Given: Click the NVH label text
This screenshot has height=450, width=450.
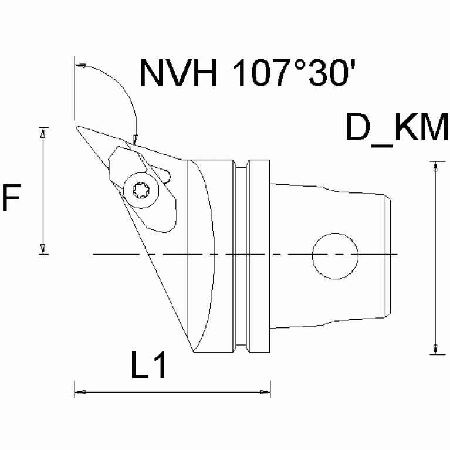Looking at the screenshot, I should [x=177, y=73].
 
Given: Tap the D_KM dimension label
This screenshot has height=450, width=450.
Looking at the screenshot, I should [x=396, y=129].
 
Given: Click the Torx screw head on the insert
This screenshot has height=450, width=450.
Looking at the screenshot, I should [x=141, y=191].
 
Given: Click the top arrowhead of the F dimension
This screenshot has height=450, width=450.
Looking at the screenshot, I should [x=43, y=133].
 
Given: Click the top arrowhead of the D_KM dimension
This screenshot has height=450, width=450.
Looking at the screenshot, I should [x=434, y=167].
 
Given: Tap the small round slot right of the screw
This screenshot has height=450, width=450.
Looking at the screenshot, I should [x=168, y=175].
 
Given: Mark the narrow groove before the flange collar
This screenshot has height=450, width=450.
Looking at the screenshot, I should [x=241, y=256].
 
